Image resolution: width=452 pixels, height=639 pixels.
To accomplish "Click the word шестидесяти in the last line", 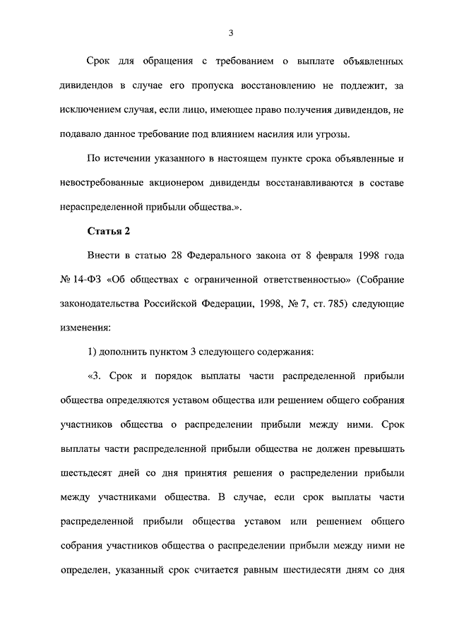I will coord(333,569).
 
